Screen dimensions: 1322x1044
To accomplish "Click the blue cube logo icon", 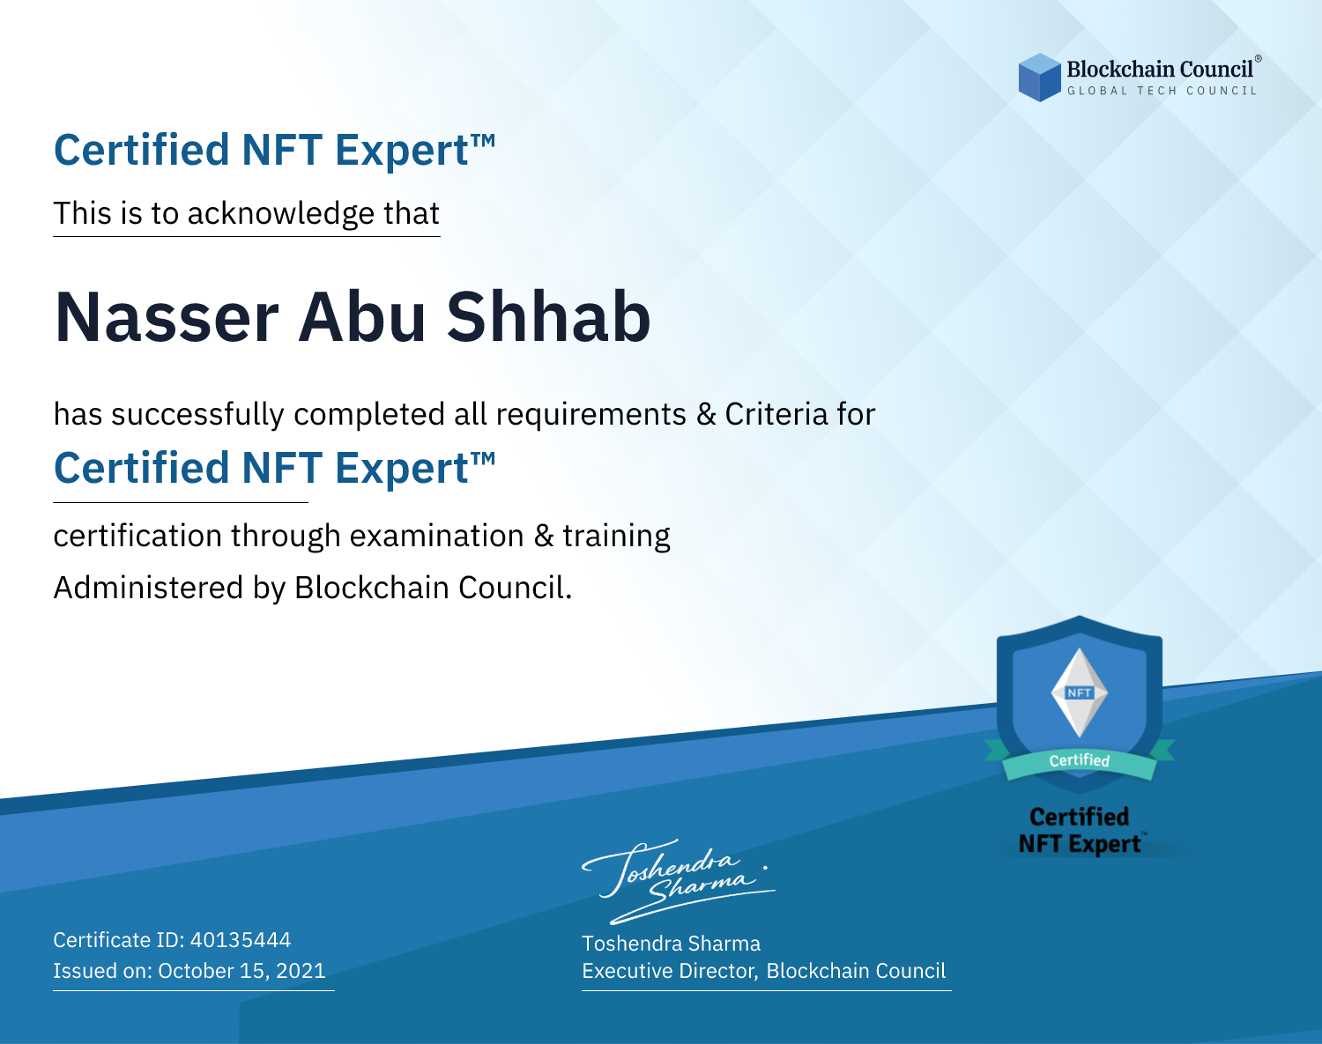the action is click(1039, 78).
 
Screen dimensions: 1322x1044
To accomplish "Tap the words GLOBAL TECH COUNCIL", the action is click(1162, 91).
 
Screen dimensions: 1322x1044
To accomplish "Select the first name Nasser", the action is click(167, 317).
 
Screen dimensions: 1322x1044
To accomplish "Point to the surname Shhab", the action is click(548, 317).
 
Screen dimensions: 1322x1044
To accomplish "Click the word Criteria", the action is click(776, 414).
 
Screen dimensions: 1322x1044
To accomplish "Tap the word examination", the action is click(437, 536).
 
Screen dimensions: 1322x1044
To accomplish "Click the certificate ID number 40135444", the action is click(241, 939).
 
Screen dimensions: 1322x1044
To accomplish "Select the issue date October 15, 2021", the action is click(241, 971).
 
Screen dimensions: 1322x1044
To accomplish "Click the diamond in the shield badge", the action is click(1080, 692).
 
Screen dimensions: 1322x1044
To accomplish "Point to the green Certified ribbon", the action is click(1080, 761).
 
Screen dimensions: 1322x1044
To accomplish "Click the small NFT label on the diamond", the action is click(1080, 692).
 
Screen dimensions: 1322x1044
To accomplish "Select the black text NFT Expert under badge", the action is click(1080, 844).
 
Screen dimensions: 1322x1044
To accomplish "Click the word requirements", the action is click(591, 415).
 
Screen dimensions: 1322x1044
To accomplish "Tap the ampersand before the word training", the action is click(544, 536).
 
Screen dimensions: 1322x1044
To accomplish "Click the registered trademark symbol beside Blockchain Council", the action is click(1258, 58).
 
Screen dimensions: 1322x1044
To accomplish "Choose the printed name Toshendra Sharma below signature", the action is click(671, 944).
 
